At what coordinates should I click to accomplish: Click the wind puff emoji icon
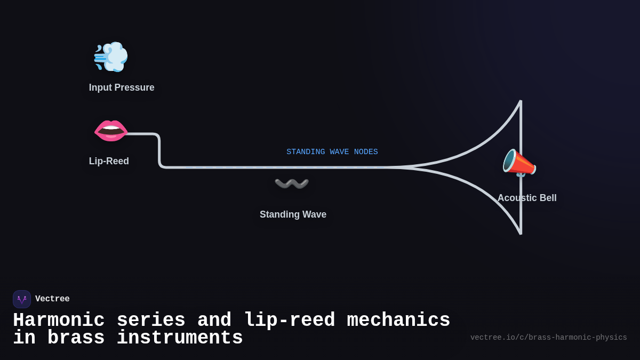tap(111, 57)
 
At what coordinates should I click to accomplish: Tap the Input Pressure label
tap(122, 87)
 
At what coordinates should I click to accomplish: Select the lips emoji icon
tap(111, 131)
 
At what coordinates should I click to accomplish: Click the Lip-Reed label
tap(109, 161)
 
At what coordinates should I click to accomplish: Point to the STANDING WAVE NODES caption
tap(332, 152)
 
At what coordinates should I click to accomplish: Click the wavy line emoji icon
tap(292, 183)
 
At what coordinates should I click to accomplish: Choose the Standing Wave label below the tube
tap(293, 214)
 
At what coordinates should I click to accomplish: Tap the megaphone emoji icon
tap(519, 163)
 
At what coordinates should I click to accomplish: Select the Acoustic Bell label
tap(527, 198)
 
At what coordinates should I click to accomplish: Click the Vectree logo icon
tap(22, 299)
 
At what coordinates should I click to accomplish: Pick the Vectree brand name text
tap(52, 299)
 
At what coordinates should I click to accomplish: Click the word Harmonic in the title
tap(59, 321)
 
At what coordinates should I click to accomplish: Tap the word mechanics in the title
tap(398, 321)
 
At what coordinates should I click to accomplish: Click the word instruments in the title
tap(180, 338)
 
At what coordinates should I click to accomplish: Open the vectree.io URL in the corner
tap(548, 338)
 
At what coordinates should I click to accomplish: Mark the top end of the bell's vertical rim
tap(521, 101)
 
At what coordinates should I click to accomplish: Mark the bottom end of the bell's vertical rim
tap(521, 233)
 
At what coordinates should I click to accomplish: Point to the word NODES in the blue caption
tap(366, 152)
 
